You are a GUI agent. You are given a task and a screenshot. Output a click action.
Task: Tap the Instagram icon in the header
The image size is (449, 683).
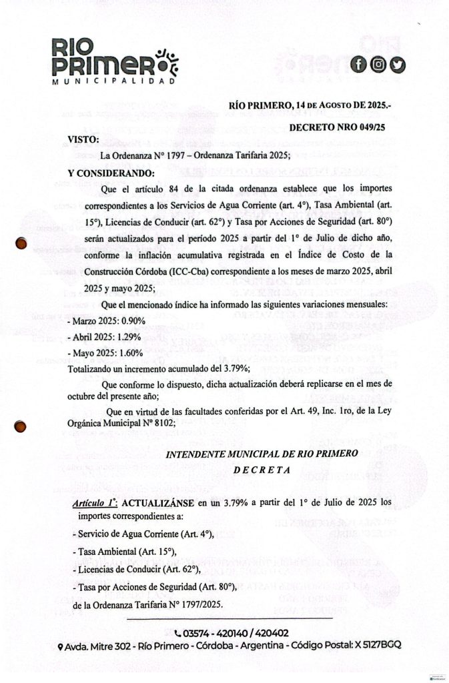(378, 65)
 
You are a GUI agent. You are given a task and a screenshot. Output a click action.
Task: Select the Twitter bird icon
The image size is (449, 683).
(398, 65)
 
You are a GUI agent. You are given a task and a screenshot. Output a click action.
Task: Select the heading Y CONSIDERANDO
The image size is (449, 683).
(111, 173)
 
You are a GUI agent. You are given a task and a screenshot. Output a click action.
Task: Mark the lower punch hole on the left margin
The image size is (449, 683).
(21, 427)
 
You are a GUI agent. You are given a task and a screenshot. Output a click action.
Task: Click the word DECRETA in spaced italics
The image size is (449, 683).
(262, 469)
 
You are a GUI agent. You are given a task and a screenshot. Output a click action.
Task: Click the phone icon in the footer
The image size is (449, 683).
(177, 633)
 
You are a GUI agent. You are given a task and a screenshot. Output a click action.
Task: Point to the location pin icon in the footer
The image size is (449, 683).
(61, 647)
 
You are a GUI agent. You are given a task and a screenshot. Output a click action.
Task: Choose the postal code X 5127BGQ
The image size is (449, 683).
(375, 646)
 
